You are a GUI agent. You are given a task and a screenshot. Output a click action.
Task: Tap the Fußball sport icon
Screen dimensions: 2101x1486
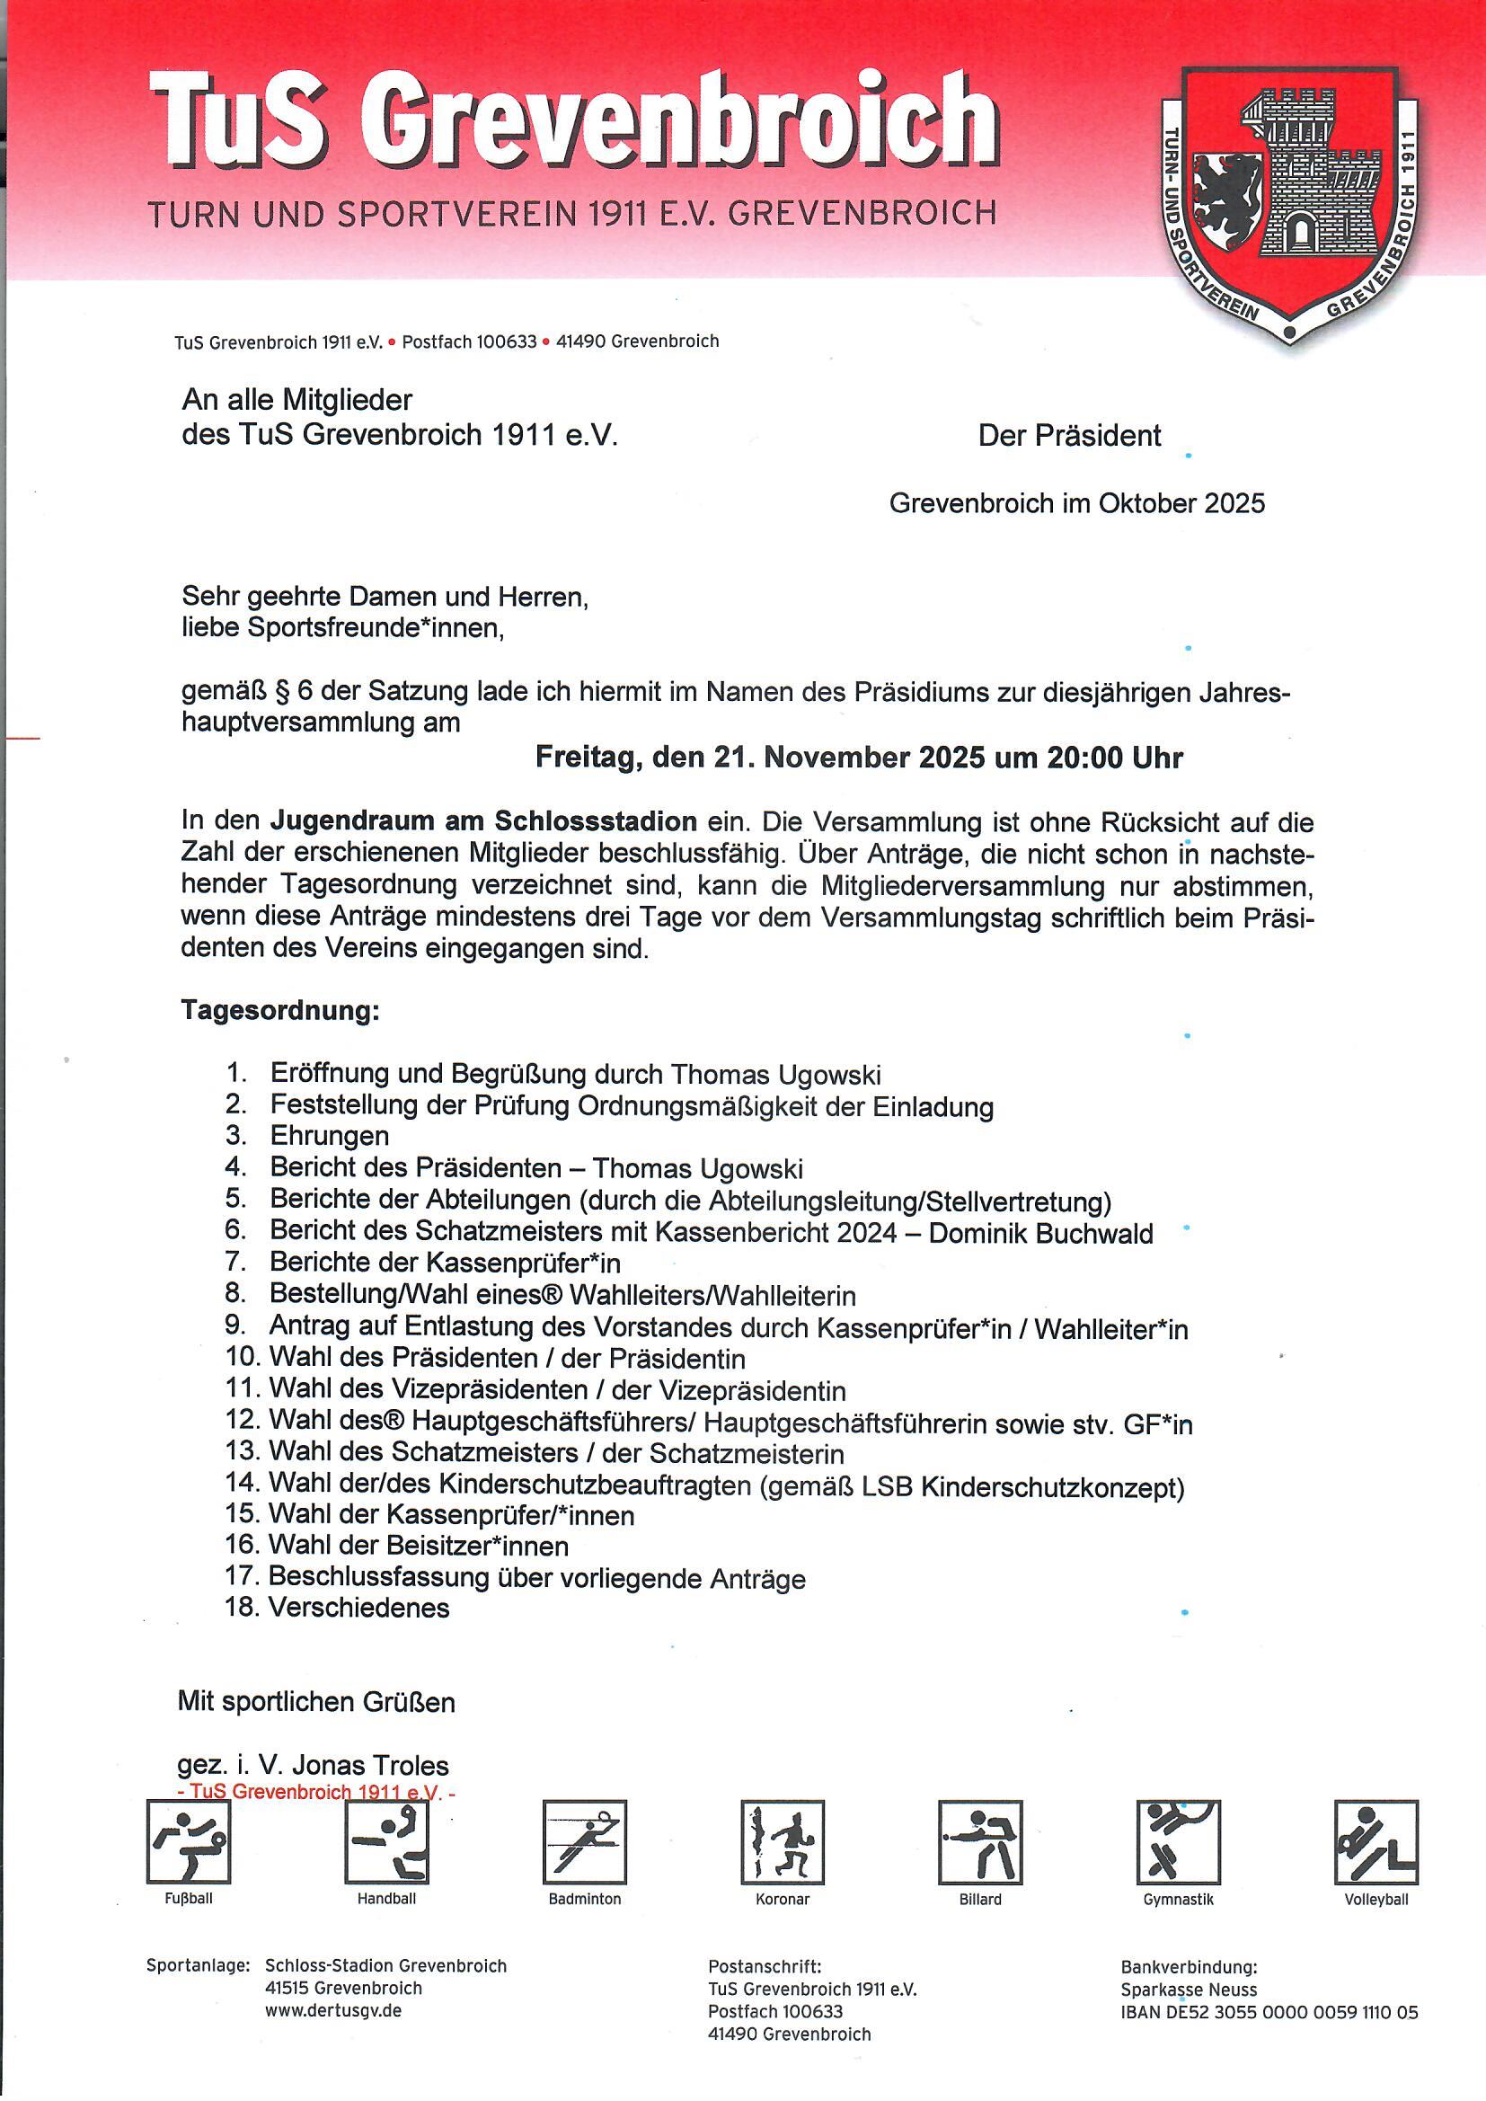(189, 1841)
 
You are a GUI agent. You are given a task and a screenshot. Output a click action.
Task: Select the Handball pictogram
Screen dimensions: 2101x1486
(386, 1841)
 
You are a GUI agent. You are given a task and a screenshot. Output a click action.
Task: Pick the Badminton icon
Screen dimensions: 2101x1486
(585, 1841)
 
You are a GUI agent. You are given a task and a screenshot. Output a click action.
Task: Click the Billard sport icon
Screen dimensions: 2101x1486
(980, 1841)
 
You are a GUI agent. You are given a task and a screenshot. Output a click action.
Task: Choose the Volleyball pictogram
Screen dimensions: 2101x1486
(1375, 1841)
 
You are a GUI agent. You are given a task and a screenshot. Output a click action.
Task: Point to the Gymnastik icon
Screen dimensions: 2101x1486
(1178, 1841)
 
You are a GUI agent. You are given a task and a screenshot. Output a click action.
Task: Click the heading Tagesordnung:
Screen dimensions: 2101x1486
(280, 1011)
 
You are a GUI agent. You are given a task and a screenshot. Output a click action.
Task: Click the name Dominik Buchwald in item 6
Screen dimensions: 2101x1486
(1040, 1234)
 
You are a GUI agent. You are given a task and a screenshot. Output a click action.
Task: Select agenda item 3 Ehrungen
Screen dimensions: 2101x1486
(330, 1136)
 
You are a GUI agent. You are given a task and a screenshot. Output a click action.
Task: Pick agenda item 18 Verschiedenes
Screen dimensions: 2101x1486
(358, 1608)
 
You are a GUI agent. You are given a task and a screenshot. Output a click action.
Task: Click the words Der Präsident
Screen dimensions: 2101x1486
(1069, 436)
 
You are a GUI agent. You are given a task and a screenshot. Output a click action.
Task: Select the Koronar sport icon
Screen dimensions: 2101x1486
(783, 1841)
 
